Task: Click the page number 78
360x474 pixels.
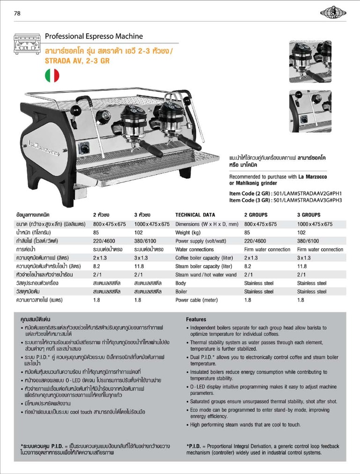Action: tap(17, 13)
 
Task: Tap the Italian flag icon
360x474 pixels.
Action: tap(51, 75)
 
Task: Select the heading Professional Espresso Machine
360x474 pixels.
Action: tap(94, 36)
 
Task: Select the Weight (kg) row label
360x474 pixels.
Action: tap(188, 232)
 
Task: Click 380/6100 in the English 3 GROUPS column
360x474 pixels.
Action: tap(308, 241)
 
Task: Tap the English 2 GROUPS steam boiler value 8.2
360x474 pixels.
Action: tap(248, 266)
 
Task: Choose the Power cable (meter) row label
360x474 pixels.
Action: tap(197, 300)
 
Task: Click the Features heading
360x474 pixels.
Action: tap(196, 319)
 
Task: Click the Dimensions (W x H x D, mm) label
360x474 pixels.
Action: tap(207, 224)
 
